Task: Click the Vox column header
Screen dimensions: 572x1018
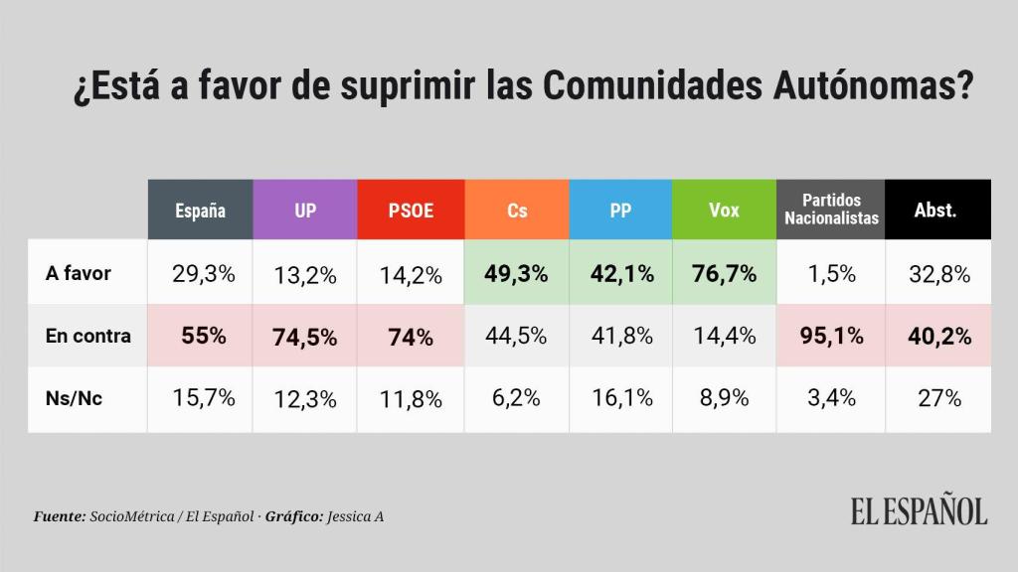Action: click(724, 210)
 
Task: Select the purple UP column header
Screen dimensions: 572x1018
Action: click(304, 210)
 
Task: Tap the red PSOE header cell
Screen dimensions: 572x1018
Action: click(410, 210)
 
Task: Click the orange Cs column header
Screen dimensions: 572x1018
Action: click(516, 210)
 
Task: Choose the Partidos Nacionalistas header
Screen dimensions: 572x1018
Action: click(831, 210)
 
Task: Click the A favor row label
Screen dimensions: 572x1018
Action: click(79, 273)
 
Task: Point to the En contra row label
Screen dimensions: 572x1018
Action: click(87, 336)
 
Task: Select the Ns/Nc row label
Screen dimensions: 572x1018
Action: click(76, 398)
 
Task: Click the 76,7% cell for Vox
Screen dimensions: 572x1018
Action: click(724, 273)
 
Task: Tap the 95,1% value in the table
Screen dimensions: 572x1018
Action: click(831, 336)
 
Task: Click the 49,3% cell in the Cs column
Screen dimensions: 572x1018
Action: click(516, 273)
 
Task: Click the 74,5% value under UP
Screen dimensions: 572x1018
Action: click(304, 337)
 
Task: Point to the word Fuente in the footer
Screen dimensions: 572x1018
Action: click(59, 516)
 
